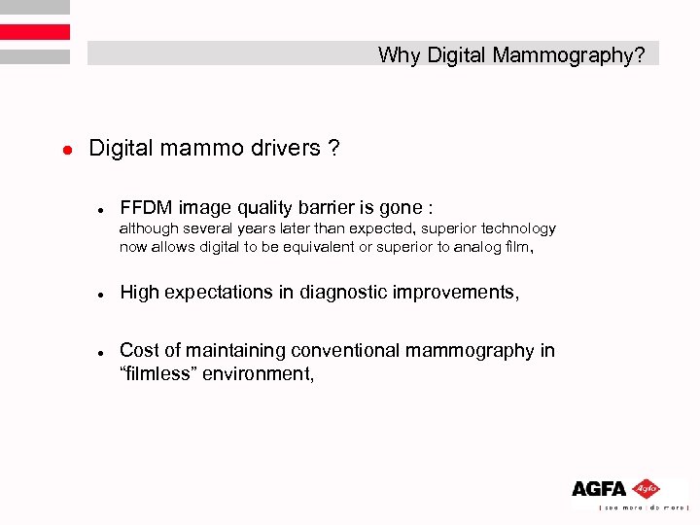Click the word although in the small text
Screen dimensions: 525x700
click(x=146, y=228)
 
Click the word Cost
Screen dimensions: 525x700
click(x=138, y=350)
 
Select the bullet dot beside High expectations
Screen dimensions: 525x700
click(x=100, y=294)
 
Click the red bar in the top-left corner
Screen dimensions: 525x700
click(x=35, y=32)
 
